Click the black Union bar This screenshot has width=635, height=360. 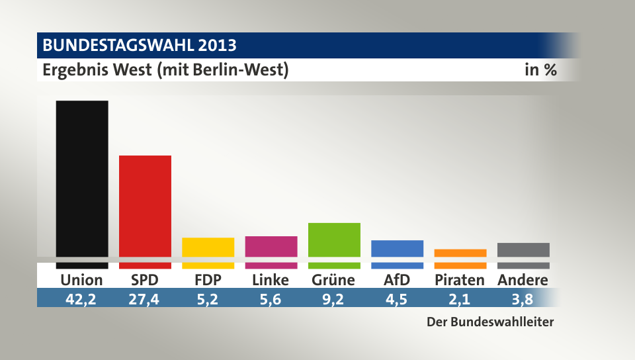82,179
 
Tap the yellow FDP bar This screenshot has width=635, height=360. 208,247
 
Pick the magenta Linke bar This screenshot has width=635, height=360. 271,247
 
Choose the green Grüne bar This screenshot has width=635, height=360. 334,240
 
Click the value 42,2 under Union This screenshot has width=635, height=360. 81,298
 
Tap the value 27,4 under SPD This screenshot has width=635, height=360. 145,298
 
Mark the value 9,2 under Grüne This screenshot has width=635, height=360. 333,298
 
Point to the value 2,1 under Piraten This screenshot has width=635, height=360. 460,298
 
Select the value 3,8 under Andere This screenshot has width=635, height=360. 523,298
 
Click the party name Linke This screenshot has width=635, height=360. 271,280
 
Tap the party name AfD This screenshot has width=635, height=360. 397,280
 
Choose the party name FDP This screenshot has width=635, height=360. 208,280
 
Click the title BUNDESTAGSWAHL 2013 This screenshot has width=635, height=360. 140,46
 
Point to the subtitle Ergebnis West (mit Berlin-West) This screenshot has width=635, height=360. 165,69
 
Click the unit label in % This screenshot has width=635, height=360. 540,69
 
